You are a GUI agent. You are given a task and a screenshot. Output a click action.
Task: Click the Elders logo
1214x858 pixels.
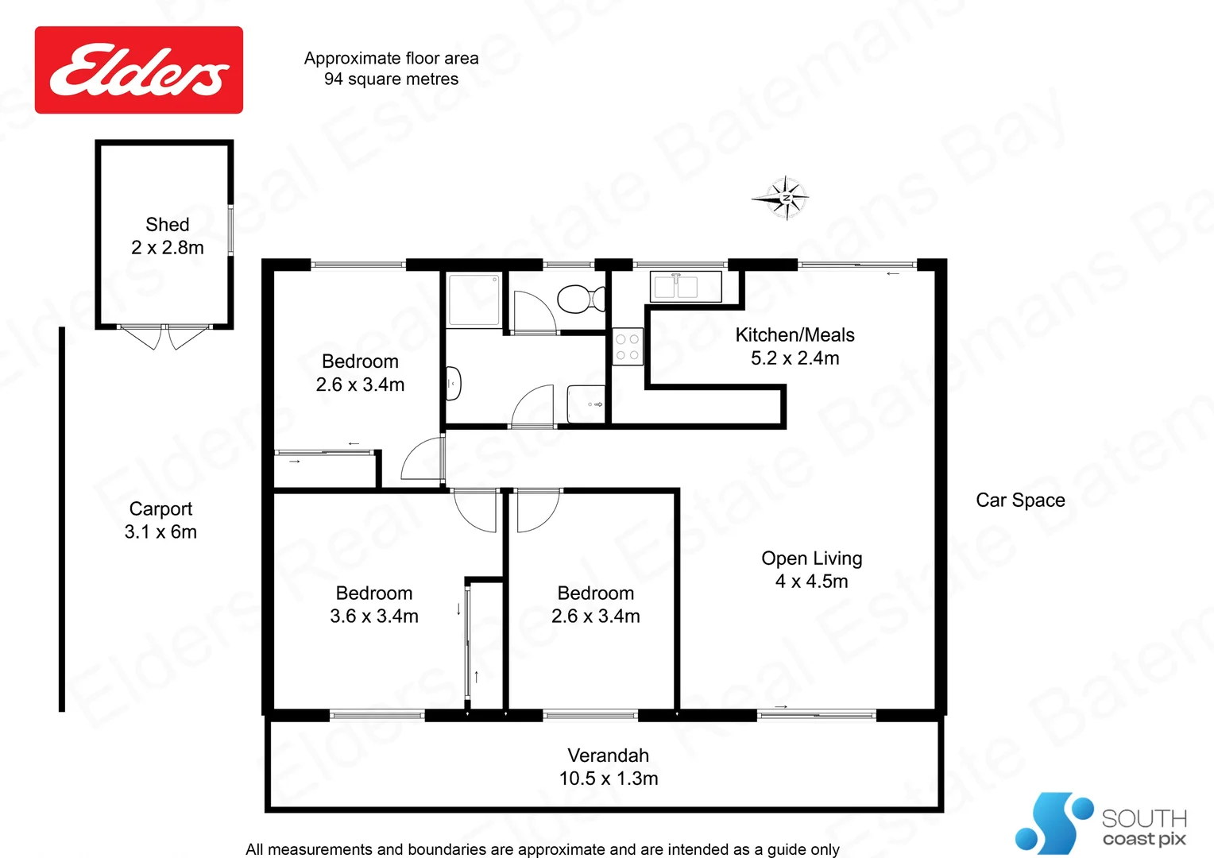tap(139, 70)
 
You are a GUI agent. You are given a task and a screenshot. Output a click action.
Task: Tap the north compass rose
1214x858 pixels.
tap(785, 198)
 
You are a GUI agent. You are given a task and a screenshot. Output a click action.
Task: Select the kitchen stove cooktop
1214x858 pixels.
tap(627, 347)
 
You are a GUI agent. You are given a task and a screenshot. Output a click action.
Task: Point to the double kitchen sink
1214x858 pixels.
tap(676, 287)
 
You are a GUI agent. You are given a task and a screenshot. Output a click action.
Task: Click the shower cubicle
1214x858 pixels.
tap(474, 300)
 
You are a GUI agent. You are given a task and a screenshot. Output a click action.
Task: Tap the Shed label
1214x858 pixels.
tap(168, 225)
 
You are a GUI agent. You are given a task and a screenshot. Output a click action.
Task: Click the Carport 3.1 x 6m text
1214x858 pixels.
tap(160, 520)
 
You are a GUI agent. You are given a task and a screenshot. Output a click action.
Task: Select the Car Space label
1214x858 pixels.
tap(1020, 500)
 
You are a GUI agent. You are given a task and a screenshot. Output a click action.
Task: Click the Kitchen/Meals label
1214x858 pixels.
tap(795, 335)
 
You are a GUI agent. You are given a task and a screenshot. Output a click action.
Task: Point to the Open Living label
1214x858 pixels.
tap(811, 558)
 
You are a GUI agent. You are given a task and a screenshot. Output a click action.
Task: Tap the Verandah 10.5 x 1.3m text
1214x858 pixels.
tap(609, 767)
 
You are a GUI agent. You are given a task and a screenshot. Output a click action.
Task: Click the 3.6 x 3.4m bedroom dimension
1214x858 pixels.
tap(374, 616)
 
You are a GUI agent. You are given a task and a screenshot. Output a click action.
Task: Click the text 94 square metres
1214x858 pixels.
tap(391, 79)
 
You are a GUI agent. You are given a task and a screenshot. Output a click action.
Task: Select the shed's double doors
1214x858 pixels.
tap(164, 337)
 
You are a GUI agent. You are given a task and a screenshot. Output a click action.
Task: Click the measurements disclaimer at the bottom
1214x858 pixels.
tap(542, 849)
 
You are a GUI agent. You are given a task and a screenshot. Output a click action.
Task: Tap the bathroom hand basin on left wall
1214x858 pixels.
tap(453, 384)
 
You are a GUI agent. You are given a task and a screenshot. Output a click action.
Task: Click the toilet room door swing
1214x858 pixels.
tap(532, 312)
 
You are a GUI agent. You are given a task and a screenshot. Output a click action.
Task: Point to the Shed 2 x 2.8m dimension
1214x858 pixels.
tap(168, 248)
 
